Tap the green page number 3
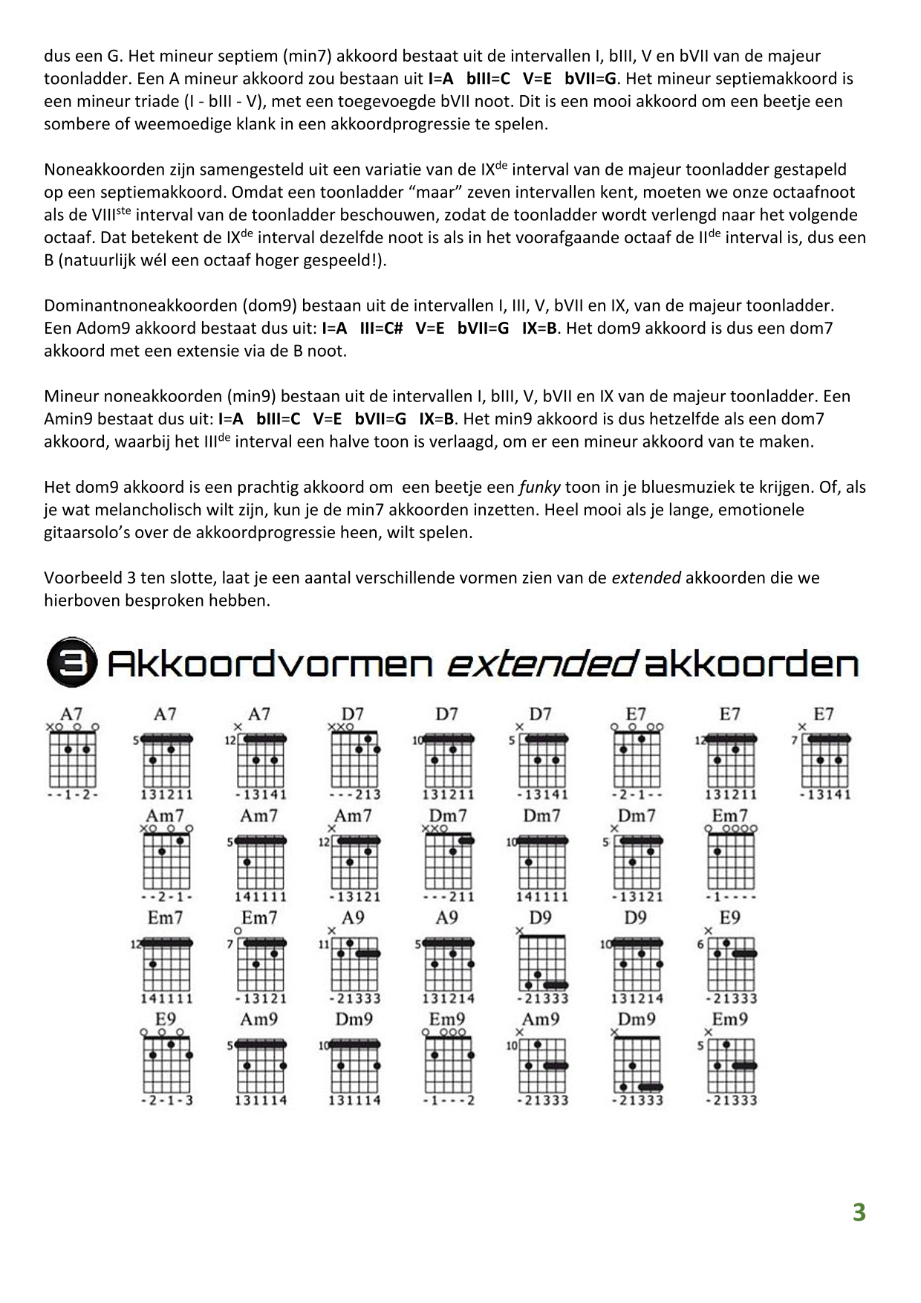click(x=859, y=1212)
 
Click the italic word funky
click(x=540, y=488)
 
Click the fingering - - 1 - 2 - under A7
click(x=73, y=795)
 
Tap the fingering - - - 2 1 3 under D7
click(x=354, y=795)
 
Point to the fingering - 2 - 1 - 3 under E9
click(x=166, y=1100)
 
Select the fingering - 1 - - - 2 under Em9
click(x=448, y=1100)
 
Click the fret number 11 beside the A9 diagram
click(x=324, y=945)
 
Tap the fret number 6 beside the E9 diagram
click(x=701, y=945)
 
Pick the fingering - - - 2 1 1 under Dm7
click(x=448, y=896)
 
